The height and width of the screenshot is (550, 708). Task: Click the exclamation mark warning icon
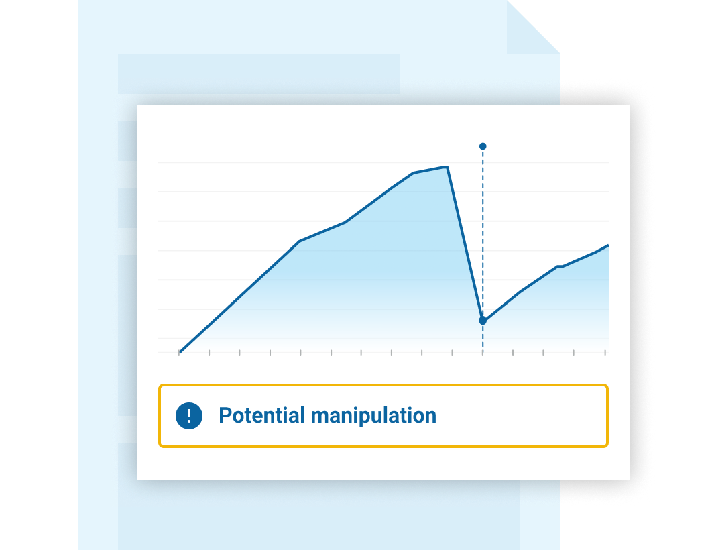189,415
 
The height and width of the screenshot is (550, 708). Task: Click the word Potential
262,415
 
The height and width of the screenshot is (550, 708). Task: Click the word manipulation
373,415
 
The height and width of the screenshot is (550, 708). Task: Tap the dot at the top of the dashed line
483,146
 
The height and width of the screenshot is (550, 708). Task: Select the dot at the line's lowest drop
483,321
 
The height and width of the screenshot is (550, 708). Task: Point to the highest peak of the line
447,167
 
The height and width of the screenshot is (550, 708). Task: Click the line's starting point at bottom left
179,351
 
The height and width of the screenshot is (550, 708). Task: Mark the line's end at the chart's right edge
608,245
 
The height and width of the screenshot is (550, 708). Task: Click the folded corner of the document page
533,27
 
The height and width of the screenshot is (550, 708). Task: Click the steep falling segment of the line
465,244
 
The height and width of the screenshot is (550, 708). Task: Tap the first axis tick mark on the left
179,353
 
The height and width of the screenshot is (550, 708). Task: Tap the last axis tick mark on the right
605,353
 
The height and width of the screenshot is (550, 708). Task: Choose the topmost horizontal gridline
383,162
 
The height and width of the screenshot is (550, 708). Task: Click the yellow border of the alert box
383,385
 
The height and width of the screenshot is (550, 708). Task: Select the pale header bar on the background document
258,74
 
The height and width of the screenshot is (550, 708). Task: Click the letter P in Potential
225,415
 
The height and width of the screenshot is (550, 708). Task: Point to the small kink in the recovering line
560,266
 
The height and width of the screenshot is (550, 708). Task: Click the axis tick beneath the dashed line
483,353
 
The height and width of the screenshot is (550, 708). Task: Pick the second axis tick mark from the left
209,353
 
